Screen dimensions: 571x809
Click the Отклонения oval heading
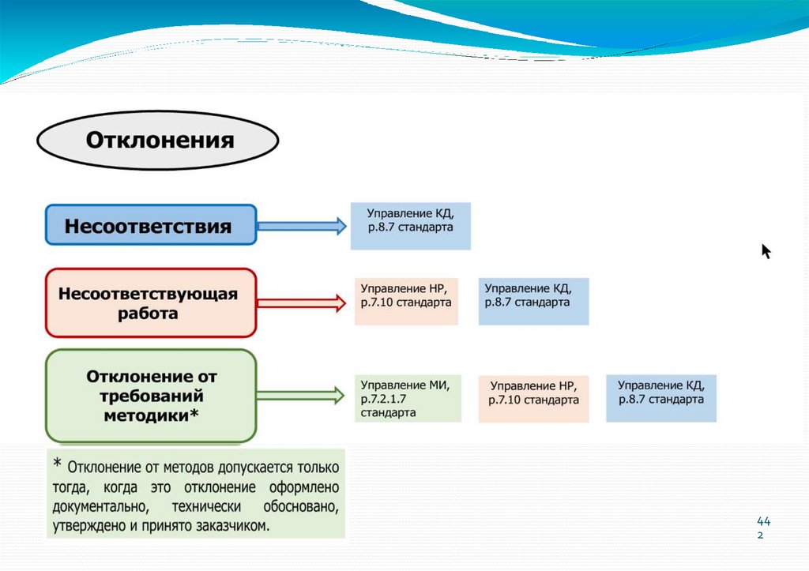point(158,141)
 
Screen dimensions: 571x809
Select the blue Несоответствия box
point(150,227)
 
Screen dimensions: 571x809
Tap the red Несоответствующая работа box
point(150,303)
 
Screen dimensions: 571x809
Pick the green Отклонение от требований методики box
point(151,396)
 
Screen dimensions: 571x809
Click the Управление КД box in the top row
point(411,226)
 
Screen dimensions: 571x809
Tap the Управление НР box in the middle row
point(406,301)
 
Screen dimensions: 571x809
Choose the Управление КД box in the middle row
point(533,301)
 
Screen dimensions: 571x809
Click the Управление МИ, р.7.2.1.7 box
point(408,398)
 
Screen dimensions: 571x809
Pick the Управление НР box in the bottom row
point(534,398)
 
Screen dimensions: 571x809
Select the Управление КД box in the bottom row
point(661,397)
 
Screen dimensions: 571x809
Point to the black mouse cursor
point(766,251)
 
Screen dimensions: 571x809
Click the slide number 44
point(762,521)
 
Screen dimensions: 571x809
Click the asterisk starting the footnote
point(58,464)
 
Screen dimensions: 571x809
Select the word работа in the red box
point(150,314)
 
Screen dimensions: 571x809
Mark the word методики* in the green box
point(151,415)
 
